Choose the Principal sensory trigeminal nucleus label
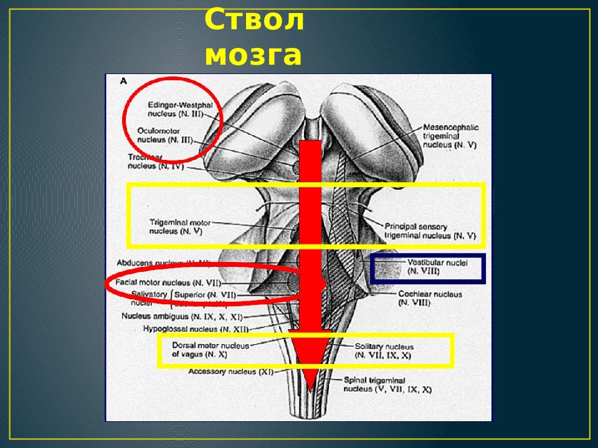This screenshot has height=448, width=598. tap(430, 231)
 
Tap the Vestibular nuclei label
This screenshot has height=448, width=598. tap(428, 267)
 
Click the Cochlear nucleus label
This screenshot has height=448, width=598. tap(430, 298)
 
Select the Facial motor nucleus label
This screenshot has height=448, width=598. tap(169, 283)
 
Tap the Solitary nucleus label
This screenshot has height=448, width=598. tap(384, 351)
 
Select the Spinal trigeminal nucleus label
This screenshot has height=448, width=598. tap(387, 385)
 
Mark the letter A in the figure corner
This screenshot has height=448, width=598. tap(123, 81)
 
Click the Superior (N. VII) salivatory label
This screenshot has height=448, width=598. tap(205, 294)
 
